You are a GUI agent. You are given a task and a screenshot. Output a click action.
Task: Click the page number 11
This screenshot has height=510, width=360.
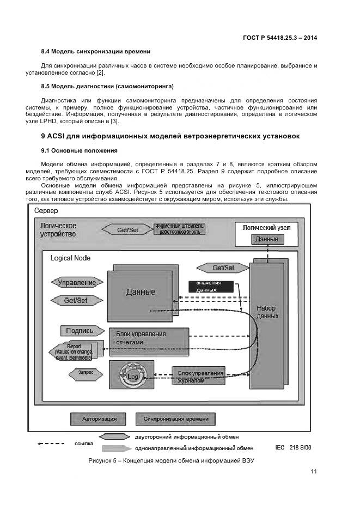coord(314,472)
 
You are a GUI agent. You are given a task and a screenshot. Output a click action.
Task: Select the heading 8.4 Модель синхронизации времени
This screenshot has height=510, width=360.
coord(96,51)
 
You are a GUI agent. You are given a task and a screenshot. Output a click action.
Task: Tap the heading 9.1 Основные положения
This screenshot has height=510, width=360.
coord(80,150)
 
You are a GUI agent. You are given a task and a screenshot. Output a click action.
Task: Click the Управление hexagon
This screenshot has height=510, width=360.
coord(77,282)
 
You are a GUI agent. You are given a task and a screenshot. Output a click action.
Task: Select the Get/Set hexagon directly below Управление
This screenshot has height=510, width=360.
coord(76,300)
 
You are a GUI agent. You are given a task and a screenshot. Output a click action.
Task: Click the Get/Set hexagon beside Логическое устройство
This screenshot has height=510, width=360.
coord(127,229)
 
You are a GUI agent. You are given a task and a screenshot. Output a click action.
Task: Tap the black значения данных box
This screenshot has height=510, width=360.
coord(210,287)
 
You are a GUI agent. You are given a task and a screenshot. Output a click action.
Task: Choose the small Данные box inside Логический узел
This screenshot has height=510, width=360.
coord(267,239)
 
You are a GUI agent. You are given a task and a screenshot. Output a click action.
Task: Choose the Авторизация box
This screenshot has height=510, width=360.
coord(99,419)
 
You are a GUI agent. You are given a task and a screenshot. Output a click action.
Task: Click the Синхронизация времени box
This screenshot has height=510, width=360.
coord(175,419)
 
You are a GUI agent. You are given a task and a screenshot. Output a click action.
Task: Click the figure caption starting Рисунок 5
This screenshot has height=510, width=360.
coord(172,461)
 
